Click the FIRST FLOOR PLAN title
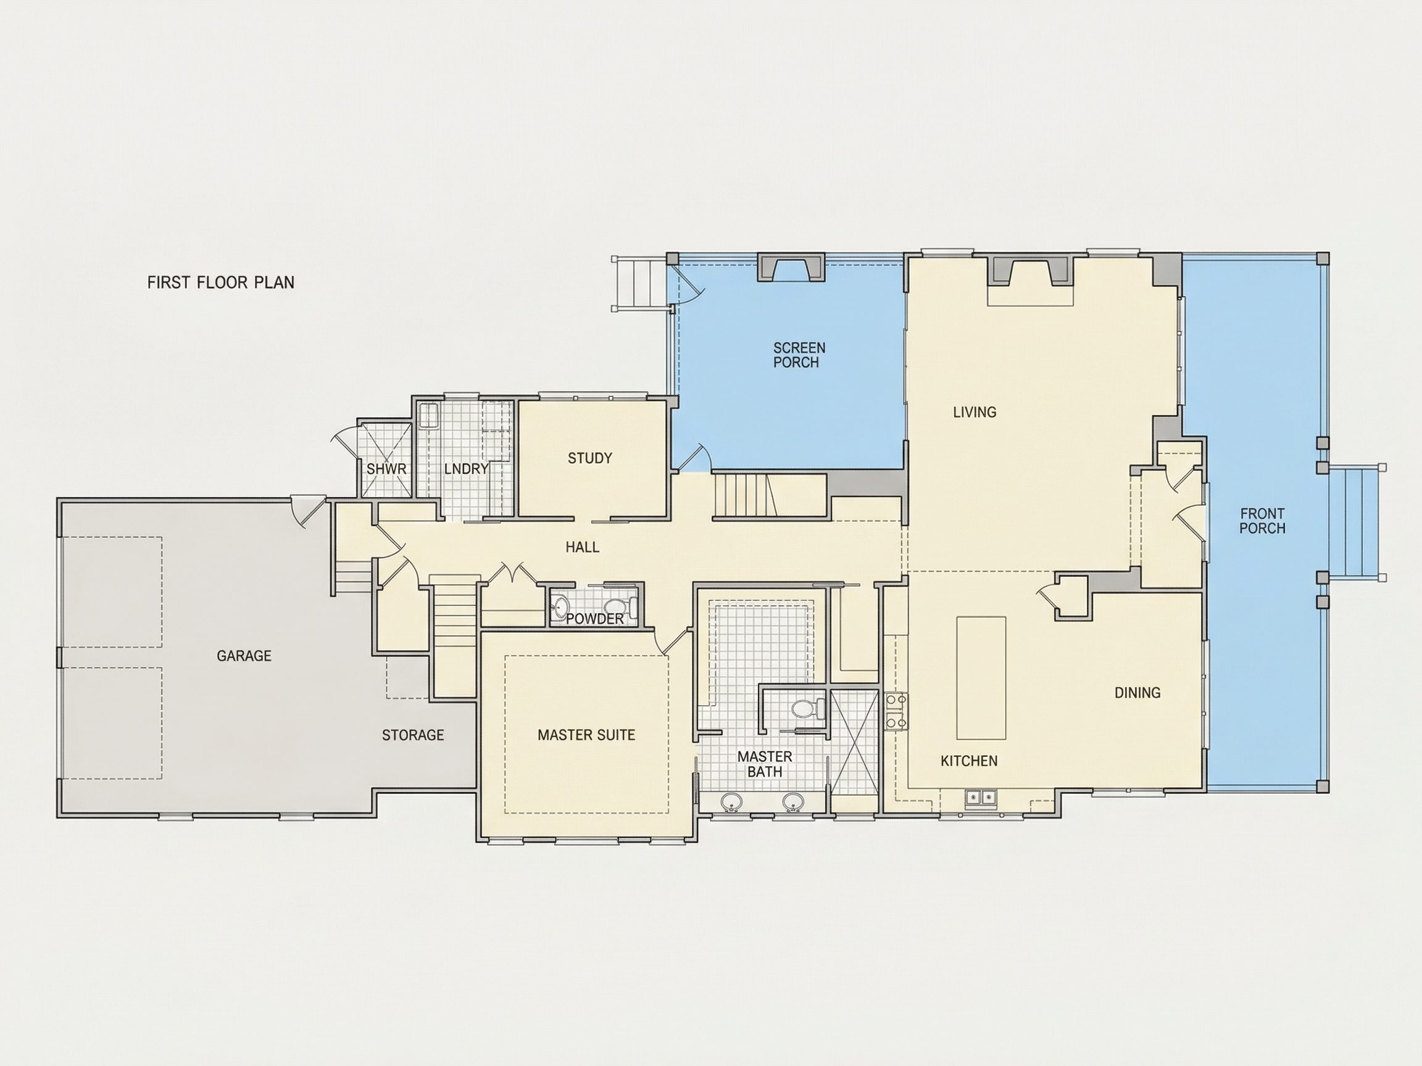[x=220, y=282]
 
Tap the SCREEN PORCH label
[x=799, y=355]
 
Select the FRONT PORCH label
[x=1263, y=521]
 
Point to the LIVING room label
[x=975, y=412]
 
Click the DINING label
[x=1137, y=693]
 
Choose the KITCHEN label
[x=969, y=761]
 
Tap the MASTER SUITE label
[x=586, y=735]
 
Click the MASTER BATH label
[x=765, y=764]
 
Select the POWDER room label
[x=594, y=619]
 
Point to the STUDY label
[x=590, y=458]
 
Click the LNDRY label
[x=466, y=469]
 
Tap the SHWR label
[x=386, y=469]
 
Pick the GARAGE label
[x=244, y=656]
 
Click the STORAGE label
[x=413, y=735]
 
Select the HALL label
[x=583, y=547]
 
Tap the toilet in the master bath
[x=808, y=709]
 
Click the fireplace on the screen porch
[x=791, y=267]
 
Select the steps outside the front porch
[x=1355, y=522]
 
